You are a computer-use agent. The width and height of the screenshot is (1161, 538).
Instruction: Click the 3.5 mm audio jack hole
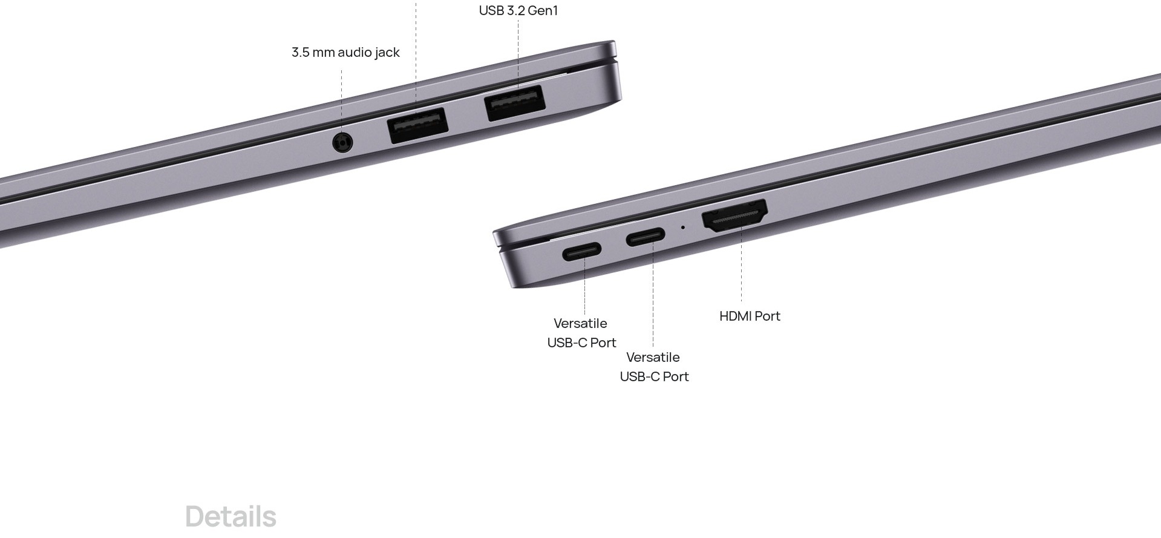click(343, 143)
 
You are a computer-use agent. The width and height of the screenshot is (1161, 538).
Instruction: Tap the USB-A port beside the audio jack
click(418, 125)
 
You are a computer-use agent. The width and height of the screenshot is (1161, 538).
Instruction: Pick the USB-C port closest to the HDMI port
click(646, 237)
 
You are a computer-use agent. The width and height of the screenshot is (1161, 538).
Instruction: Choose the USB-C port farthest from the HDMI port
click(582, 251)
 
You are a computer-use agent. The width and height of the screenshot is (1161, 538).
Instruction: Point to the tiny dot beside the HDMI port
click(684, 228)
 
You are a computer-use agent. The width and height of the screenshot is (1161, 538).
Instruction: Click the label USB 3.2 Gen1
click(518, 11)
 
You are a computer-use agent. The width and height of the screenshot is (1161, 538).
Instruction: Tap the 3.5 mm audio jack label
click(345, 53)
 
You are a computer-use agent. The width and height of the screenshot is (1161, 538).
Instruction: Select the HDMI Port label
click(750, 316)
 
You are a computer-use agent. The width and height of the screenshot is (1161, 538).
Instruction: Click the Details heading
click(231, 517)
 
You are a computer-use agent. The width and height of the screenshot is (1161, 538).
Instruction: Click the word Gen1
click(543, 11)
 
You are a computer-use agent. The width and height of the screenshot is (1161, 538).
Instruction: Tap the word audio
click(354, 53)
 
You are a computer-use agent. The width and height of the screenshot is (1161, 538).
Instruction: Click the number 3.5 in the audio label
click(300, 53)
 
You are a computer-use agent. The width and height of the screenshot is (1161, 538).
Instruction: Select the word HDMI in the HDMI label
click(734, 316)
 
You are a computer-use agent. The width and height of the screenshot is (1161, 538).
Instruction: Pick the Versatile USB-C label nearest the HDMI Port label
click(654, 367)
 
